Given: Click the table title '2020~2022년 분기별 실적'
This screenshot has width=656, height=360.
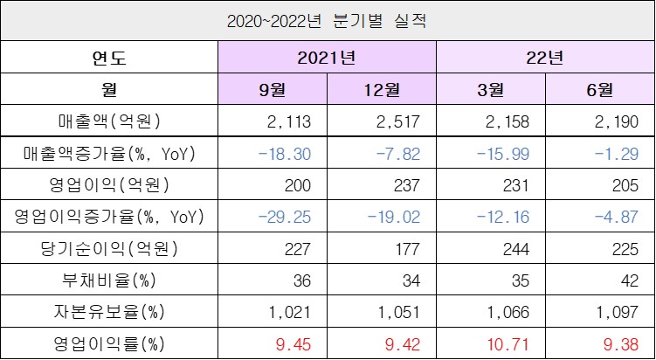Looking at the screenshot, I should click(x=328, y=18).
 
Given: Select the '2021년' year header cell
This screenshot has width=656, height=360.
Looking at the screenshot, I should click(x=327, y=59).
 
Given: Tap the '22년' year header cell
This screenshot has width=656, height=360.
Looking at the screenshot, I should click(x=545, y=59).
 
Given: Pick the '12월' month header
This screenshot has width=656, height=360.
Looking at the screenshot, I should click(x=381, y=89).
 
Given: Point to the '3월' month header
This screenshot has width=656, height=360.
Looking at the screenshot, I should click(x=490, y=89).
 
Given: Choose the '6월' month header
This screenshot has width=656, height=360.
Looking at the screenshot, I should click(x=599, y=89).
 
